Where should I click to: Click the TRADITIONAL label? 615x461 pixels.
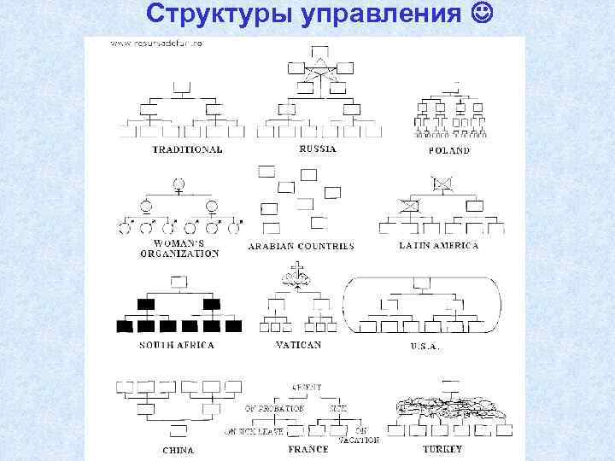pyautogui.click(x=188, y=149)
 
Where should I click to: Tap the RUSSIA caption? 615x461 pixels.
pyautogui.click(x=317, y=149)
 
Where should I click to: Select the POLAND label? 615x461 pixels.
pyautogui.click(x=448, y=150)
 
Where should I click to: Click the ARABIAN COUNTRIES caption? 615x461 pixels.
pyautogui.click(x=301, y=246)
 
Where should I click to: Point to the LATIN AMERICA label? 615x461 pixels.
pyautogui.click(x=439, y=245)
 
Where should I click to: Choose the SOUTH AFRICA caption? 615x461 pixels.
pyautogui.click(x=177, y=345)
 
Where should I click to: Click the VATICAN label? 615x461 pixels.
pyautogui.click(x=298, y=345)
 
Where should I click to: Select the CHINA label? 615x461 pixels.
pyautogui.click(x=178, y=449)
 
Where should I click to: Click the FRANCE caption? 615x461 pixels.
pyautogui.click(x=308, y=449)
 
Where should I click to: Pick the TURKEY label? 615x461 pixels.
pyautogui.click(x=442, y=448)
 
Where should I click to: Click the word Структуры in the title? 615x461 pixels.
pyautogui.click(x=200, y=16)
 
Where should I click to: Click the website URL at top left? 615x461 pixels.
pyautogui.click(x=150, y=44)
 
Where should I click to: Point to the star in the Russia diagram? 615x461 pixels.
pyautogui.click(x=317, y=77)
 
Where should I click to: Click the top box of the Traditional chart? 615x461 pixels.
pyautogui.click(x=180, y=85)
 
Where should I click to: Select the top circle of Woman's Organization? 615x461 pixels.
pyautogui.click(x=179, y=183)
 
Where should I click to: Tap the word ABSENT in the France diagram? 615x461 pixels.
pyautogui.click(x=306, y=387)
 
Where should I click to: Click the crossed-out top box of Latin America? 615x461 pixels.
pyautogui.click(x=442, y=182)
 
